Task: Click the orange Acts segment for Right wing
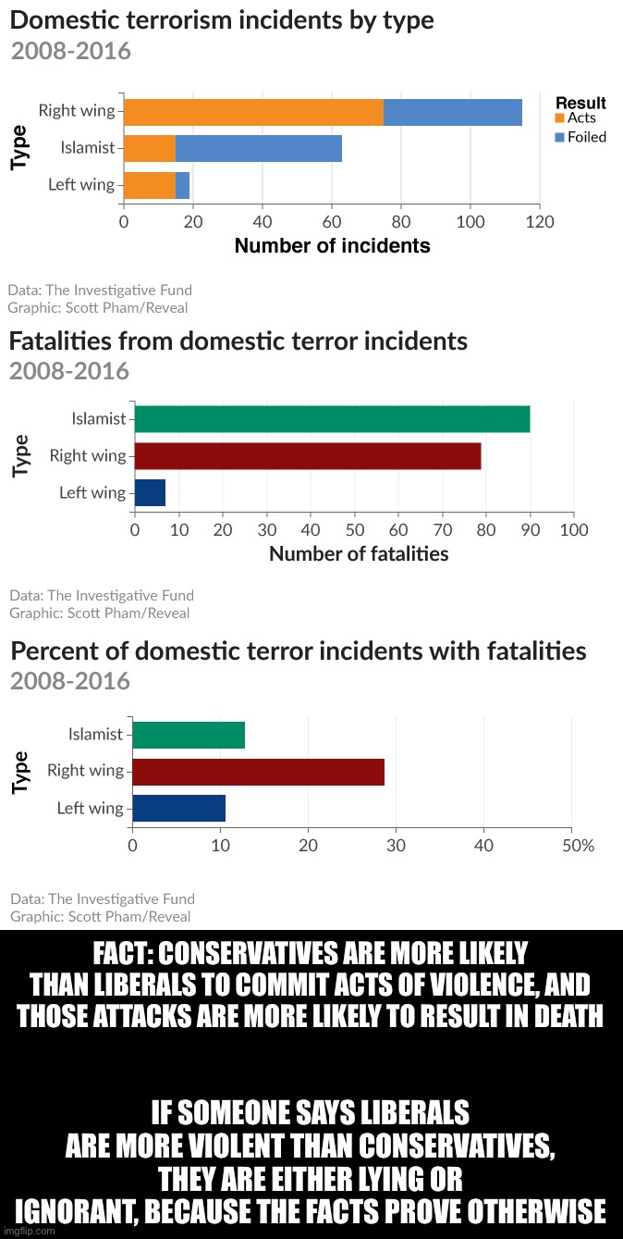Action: (x=252, y=112)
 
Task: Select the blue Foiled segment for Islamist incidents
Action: (x=258, y=148)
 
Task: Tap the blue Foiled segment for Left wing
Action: (x=182, y=185)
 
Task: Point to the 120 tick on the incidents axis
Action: (x=539, y=222)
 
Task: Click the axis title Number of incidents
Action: (x=332, y=246)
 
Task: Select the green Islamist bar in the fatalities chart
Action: (x=332, y=419)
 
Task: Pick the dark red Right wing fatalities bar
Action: (x=308, y=456)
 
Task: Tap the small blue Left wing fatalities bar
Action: (x=150, y=492)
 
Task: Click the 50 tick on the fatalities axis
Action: (x=354, y=529)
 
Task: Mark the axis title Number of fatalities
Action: (x=359, y=554)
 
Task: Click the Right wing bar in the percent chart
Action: (x=258, y=771)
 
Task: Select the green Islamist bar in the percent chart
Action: (x=189, y=735)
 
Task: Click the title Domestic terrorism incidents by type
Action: (x=222, y=19)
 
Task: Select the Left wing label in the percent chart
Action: (x=90, y=808)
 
